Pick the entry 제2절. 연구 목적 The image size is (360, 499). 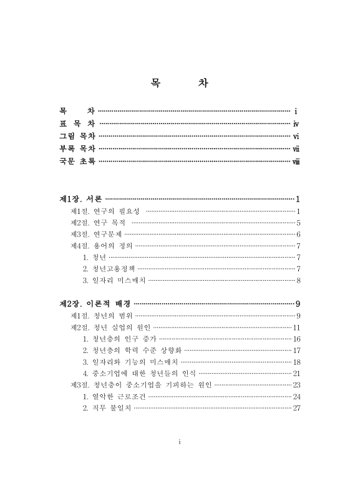tap(98, 223)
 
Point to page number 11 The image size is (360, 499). tap(297, 327)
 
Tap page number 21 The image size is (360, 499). tap(297, 373)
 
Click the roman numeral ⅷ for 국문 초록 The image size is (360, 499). tap(297, 160)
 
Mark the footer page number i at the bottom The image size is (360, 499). tap(180, 442)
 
